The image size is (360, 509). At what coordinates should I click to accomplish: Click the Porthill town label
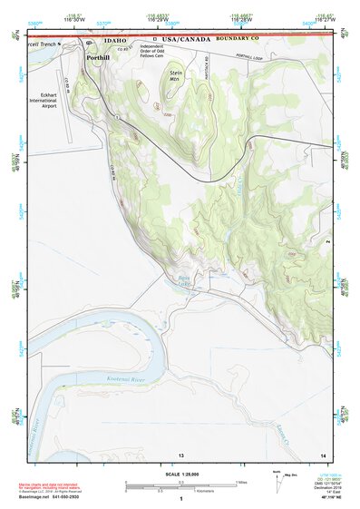click(99, 57)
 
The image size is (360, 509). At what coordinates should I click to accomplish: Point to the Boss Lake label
click(186, 284)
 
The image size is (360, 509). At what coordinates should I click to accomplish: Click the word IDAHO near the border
click(115, 41)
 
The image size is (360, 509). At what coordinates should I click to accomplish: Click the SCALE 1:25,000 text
click(180, 474)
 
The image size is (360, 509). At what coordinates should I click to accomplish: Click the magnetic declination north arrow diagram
click(277, 482)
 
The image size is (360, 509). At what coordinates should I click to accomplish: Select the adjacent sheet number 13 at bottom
click(181, 454)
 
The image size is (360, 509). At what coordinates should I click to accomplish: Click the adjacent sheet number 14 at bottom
click(323, 454)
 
